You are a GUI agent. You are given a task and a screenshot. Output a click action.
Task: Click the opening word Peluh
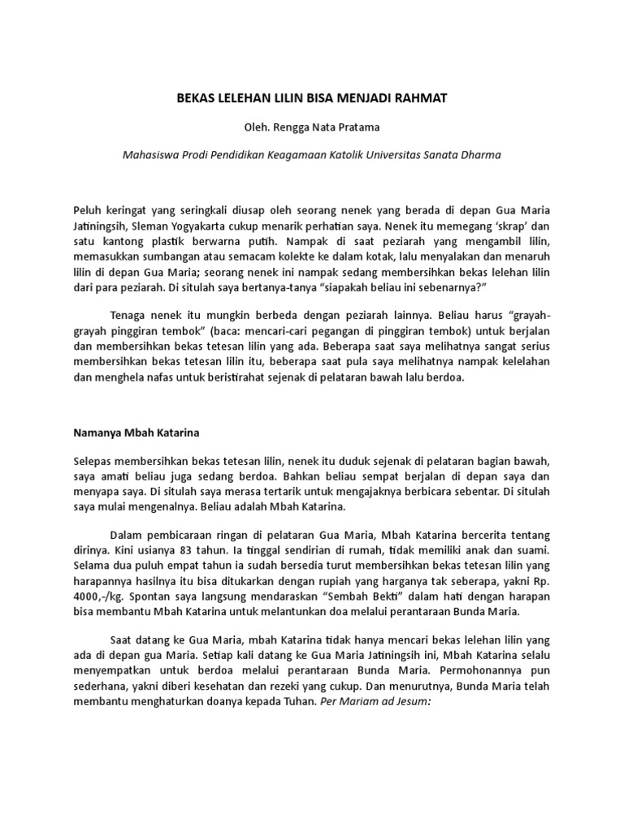pyautogui.click(x=88, y=208)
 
